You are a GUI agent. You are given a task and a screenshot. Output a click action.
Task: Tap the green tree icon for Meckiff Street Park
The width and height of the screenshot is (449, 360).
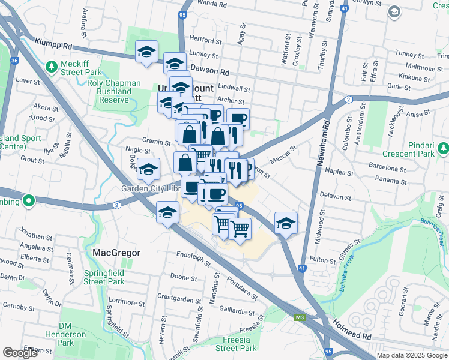click(x=52, y=65)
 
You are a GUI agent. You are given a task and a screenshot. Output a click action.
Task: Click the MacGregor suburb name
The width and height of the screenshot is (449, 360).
click(x=116, y=253)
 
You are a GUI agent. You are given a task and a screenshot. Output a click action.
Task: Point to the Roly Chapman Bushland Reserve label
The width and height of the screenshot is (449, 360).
click(x=114, y=91)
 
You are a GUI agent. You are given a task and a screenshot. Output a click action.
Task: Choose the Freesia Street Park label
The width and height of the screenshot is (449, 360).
click(x=236, y=344)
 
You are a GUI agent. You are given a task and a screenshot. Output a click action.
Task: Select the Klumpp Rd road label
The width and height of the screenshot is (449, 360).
click(x=53, y=44)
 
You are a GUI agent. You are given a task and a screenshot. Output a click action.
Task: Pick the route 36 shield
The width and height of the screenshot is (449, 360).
click(x=14, y=60)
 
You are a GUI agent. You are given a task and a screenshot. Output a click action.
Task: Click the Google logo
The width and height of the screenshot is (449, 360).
click(x=20, y=352)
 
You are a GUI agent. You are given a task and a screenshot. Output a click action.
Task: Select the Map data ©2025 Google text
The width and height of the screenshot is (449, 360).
click(x=411, y=355)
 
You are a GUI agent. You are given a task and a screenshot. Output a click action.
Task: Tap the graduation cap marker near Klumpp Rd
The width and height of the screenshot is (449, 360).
click(x=146, y=52)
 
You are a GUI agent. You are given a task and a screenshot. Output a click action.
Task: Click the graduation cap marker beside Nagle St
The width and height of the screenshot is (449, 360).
click(x=148, y=169)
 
